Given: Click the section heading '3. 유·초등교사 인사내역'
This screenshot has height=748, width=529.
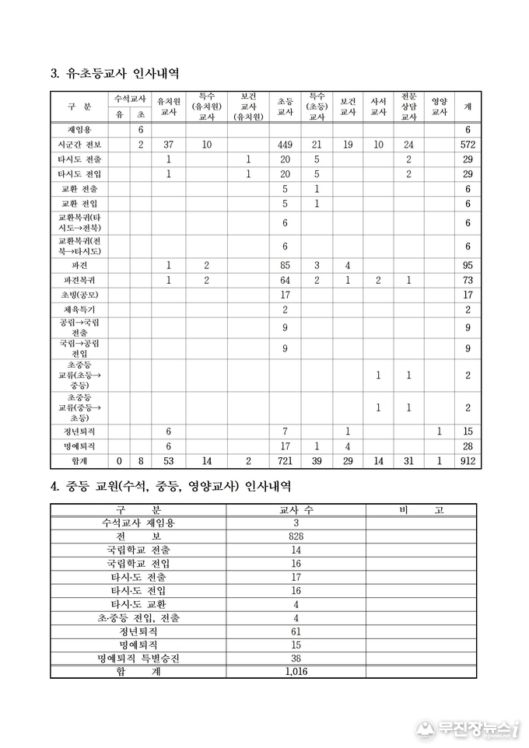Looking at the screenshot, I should coord(115,75).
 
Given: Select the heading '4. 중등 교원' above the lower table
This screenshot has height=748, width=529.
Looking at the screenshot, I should coord(171,486).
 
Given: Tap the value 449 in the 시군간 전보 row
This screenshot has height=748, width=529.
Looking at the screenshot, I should coord(285,145).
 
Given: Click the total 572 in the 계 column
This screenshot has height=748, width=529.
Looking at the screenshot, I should coord(467,145).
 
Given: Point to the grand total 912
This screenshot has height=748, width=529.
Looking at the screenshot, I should coord(467,462).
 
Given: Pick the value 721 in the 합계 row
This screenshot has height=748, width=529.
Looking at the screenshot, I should coord(285,462).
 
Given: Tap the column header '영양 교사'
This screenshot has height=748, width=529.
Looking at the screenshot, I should coord(439,107).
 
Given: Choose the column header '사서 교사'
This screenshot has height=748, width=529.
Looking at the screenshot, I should coord(378,107).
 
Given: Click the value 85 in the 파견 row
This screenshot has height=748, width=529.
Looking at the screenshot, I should coord(285,265).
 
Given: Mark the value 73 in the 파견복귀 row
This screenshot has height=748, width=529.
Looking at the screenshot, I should coord(467,280).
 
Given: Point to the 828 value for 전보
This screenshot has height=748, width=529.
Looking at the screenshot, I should coord(295,537).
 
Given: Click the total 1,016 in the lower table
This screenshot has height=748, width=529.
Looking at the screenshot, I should coord(295,671).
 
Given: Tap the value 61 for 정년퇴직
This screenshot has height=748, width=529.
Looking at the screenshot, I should coord(295,631).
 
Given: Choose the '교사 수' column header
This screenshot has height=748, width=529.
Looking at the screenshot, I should coord(295,510).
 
